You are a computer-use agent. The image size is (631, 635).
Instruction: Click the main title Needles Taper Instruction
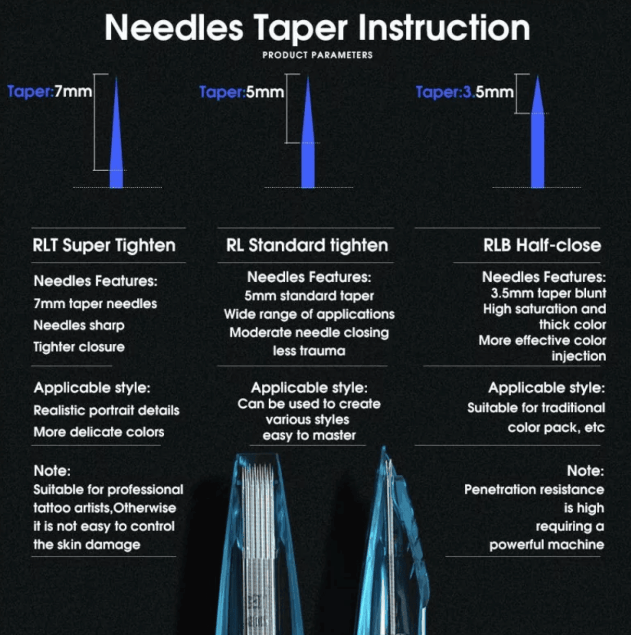point(317,28)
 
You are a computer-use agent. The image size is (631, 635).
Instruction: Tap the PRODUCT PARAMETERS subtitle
point(317,55)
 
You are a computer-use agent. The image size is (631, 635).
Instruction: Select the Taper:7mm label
point(50,92)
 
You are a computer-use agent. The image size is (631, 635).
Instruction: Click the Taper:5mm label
point(242,92)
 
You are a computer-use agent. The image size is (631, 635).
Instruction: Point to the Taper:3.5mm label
point(464,92)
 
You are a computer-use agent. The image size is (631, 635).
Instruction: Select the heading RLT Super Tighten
point(104,245)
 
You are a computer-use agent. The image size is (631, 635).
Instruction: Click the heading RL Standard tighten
point(307,245)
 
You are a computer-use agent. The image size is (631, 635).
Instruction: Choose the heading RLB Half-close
point(542,245)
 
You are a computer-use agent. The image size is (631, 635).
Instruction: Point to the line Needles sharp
point(79,326)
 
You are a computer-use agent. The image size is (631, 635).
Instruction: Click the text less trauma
point(309,351)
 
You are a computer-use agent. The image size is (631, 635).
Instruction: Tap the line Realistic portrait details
point(107,410)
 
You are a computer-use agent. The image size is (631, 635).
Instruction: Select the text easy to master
point(309,435)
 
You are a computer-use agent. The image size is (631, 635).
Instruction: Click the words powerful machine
point(546,545)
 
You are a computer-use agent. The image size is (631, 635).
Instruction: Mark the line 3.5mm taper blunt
point(548,293)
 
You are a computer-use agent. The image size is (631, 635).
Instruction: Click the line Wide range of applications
point(309,314)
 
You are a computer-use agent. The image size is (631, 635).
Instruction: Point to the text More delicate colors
point(99,432)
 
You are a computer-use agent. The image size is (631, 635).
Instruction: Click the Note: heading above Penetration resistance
point(585,471)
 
